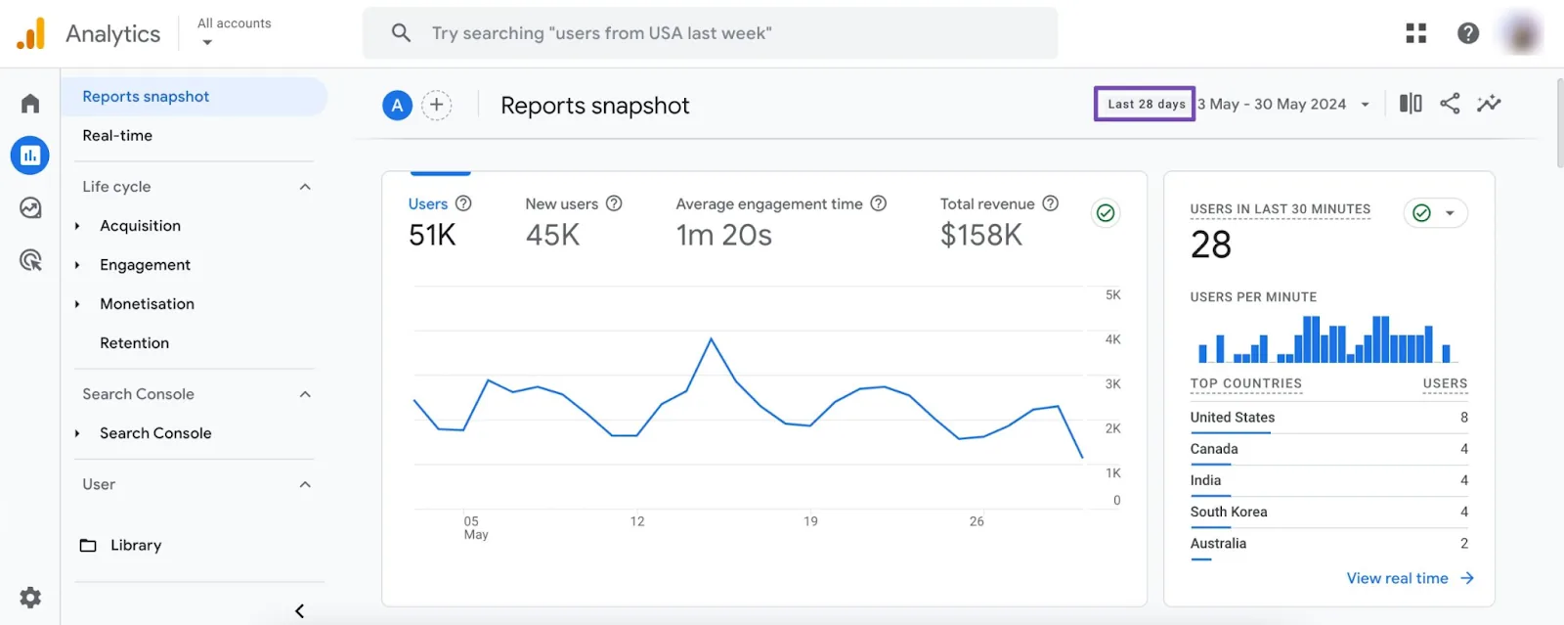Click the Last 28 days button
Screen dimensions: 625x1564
tap(1145, 104)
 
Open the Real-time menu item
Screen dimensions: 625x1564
tap(117, 136)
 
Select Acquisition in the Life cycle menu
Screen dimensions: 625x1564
tap(140, 226)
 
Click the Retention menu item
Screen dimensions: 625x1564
tap(134, 343)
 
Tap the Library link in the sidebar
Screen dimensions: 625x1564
tap(135, 546)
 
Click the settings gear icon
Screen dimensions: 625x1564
tap(30, 597)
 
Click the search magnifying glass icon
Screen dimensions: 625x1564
tap(401, 33)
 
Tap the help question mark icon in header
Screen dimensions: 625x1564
tap(1467, 33)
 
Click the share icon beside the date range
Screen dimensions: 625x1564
tap(1450, 104)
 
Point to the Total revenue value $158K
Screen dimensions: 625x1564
tap(980, 236)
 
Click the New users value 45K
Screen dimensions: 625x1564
tap(552, 236)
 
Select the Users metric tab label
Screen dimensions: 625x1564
tap(427, 204)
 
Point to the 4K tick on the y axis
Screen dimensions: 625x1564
tap(1112, 339)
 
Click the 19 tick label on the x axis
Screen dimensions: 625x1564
tap(810, 521)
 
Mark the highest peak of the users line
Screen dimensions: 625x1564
tap(711, 339)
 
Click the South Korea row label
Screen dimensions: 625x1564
tap(1228, 512)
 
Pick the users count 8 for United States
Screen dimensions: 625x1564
tap(1463, 418)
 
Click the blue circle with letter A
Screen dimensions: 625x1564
tap(397, 105)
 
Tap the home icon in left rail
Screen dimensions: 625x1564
tap(30, 104)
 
